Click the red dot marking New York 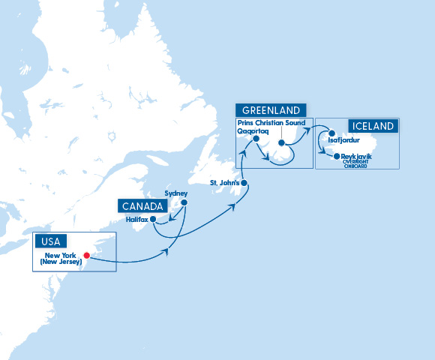point(88,253)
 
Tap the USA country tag point(51,241)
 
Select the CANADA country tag point(139,206)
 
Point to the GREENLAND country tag point(272,110)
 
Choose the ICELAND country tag point(370,126)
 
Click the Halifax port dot point(153,219)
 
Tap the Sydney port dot point(184,201)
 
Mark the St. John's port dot point(244,183)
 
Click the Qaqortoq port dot point(256,139)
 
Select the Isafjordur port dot point(331,133)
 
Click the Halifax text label point(137,219)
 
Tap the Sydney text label point(175,193)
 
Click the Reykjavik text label point(358,156)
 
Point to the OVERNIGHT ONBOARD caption point(358,163)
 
